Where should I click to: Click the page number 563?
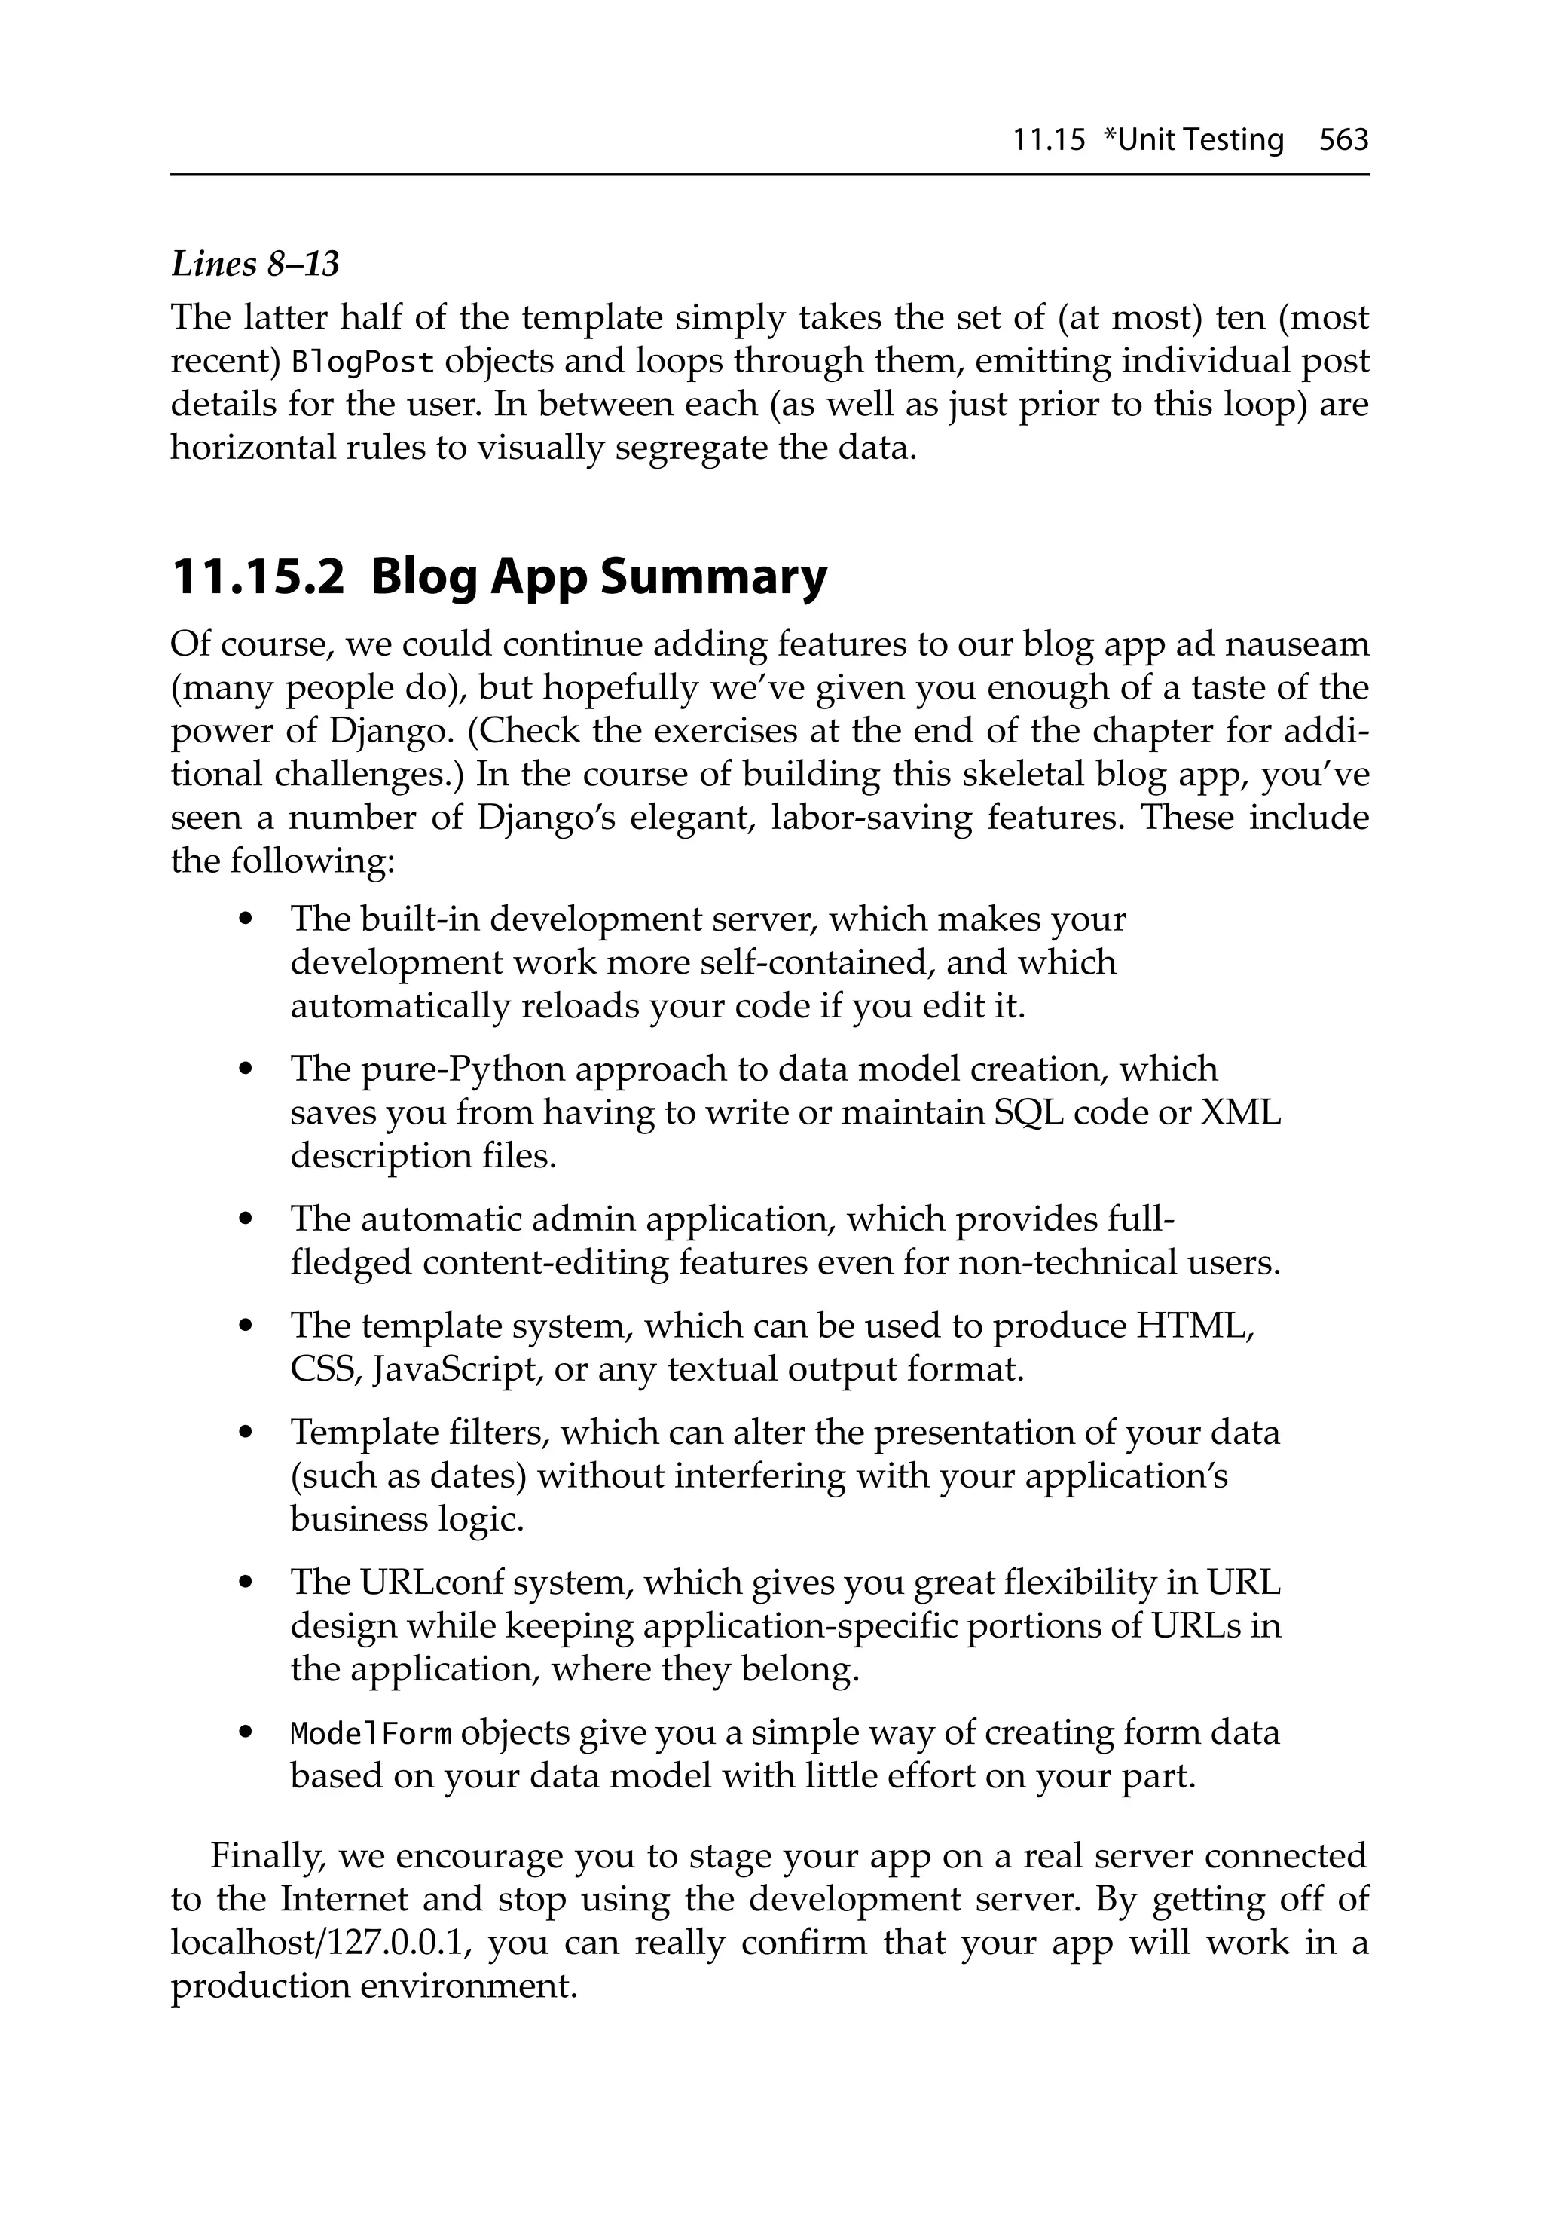[1343, 141]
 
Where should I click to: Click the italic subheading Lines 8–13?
[255, 263]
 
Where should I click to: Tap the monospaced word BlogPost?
[364, 362]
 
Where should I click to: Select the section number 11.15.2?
[258, 576]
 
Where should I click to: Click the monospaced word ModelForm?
[371, 1732]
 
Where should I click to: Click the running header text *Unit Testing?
[1192, 141]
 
